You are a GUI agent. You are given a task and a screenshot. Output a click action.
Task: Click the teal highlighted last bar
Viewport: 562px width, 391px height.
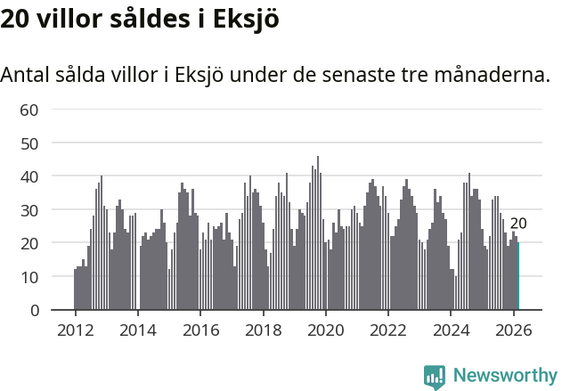click(518, 276)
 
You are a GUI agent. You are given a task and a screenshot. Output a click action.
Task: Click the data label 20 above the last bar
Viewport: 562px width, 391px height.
click(518, 224)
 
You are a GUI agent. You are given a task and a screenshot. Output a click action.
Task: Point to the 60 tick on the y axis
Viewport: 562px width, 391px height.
click(29, 110)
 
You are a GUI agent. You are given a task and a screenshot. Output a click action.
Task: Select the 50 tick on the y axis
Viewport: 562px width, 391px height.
click(29, 143)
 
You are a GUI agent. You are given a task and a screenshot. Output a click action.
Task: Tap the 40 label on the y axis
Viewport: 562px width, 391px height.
click(29, 176)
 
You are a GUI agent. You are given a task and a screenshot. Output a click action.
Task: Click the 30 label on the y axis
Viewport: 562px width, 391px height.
click(29, 210)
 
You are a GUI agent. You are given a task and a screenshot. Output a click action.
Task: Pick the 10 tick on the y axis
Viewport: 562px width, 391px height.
click(29, 277)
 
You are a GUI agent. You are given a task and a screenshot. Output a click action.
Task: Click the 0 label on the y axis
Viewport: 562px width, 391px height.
click(35, 311)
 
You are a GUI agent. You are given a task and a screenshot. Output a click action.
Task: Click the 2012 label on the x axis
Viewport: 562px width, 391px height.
click(75, 329)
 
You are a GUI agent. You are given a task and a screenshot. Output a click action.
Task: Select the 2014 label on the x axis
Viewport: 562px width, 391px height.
click(138, 329)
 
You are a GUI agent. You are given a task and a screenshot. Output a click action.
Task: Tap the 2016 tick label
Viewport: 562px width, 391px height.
click(200, 329)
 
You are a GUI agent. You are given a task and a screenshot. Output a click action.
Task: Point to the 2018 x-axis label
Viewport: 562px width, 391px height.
click(264, 329)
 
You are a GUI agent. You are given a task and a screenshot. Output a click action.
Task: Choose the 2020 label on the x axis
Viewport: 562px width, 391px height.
click(326, 329)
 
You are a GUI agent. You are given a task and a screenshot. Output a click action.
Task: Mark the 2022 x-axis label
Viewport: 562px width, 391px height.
click(388, 329)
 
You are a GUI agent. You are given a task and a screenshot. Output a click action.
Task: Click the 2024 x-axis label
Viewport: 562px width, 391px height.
click(452, 329)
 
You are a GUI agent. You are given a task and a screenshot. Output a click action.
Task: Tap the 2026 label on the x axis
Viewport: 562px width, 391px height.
click(514, 329)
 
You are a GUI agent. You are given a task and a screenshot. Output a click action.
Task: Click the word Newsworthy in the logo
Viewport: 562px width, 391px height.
click(504, 376)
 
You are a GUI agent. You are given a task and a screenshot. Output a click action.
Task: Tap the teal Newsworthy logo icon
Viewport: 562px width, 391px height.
click(435, 377)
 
